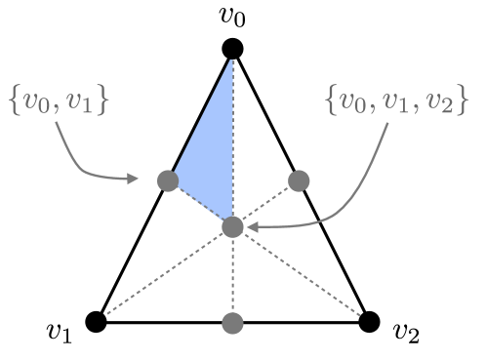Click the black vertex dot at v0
231,48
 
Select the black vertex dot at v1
95,321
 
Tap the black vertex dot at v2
369,321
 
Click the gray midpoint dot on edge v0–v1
167,180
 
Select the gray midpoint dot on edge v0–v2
299,180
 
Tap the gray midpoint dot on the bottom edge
232,322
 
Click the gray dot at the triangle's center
232,227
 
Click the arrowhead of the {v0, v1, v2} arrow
251,228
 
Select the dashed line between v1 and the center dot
163,274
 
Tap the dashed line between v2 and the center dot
301,274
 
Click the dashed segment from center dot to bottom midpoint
232,275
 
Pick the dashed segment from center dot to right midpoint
265,204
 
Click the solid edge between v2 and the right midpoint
334,251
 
